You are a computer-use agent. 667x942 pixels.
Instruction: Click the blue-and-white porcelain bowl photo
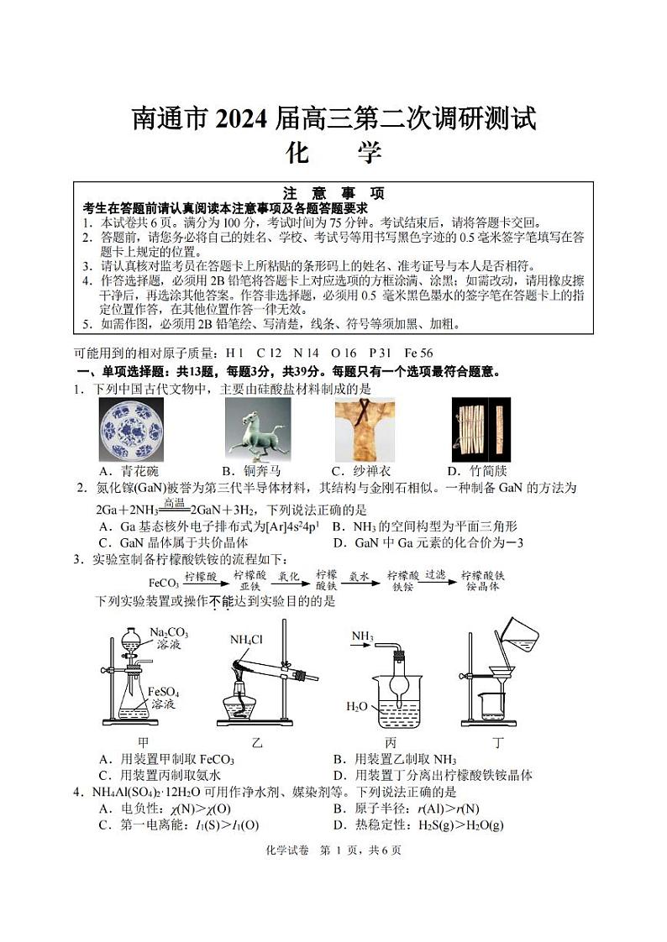[x=132, y=430]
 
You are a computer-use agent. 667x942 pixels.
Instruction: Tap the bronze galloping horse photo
[x=258, y=430]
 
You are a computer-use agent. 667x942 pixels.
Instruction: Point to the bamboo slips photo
[x=480, y=430]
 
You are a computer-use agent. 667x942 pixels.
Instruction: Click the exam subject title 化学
[x=333, y=154]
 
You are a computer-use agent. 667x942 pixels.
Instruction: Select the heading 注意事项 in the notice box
[x=333, y=193]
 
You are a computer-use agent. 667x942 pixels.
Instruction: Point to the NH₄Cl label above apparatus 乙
[x=246, y=639]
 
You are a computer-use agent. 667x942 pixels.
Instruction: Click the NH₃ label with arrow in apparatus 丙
[x=362, y=637]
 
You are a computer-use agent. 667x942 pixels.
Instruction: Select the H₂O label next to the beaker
[x=357, y=706]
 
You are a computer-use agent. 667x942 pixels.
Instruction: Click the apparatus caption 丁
[x=498, y=742]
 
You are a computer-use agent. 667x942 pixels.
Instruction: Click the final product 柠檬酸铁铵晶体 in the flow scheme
[x=482, y=581]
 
